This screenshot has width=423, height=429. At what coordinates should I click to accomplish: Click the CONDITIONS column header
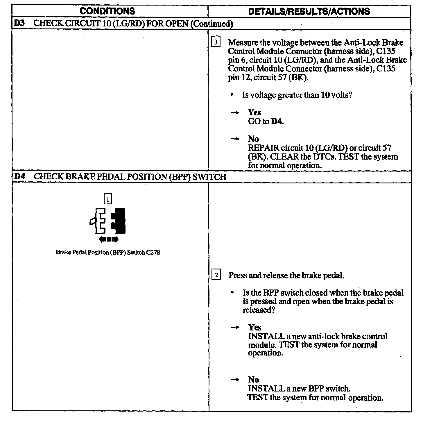pos(107,11)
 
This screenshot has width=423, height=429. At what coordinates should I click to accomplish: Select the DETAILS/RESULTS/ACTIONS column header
pos(309,11)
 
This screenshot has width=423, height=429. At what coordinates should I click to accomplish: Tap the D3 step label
pos(19,23)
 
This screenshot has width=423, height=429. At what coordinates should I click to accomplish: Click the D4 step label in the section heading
pos(19,176)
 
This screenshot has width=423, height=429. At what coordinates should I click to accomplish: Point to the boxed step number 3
pos(216,42)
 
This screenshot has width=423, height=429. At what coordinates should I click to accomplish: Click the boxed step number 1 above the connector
pos(108,199)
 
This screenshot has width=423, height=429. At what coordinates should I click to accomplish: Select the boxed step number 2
pos(216,275)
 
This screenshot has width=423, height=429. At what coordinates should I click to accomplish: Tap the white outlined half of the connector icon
pos(99,221)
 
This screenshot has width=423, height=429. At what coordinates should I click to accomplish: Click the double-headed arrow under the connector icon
pos(109,239)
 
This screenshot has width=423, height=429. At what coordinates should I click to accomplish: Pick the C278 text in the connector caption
pos(153,252)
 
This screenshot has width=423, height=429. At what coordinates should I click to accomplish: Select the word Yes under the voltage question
pos(254,112)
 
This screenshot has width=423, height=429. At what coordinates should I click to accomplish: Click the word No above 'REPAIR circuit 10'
pos(253,139)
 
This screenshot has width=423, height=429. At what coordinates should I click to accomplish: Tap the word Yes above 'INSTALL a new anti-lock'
pos(255,328)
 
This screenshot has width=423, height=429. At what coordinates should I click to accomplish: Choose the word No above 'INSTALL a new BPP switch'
pos(254,380)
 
